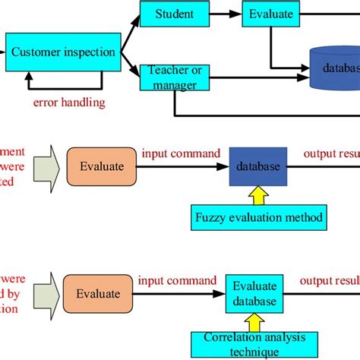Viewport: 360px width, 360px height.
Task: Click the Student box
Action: coord(174,14)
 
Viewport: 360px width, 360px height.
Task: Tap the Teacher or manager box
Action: coord(174,77)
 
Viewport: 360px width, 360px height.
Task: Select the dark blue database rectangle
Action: coord(256,166)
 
